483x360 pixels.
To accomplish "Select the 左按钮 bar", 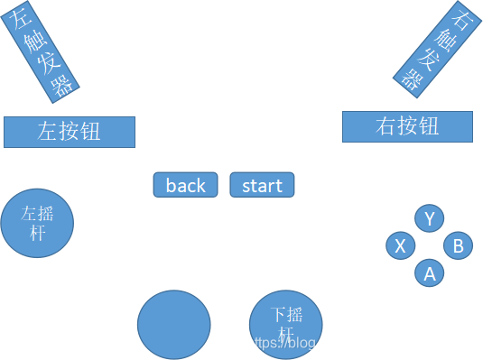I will tap(70, 132).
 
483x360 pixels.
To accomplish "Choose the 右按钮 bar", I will tap(407, 126).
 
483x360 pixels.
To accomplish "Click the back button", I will tap(185, 185).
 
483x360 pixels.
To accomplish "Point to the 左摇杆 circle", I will tap(37, 223).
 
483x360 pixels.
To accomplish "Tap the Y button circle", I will tap(430, 218).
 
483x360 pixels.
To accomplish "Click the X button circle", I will tap(401, 245).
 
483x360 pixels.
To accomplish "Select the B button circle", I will tap(459, 245).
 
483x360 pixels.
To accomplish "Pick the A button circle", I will tap(430, 272).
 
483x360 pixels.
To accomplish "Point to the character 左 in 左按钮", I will tap(48, 132).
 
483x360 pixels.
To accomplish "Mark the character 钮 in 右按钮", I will tap(429, 126).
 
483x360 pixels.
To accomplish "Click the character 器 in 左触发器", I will tap(63, 82).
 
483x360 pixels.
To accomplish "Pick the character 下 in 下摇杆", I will tap(280, 315).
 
